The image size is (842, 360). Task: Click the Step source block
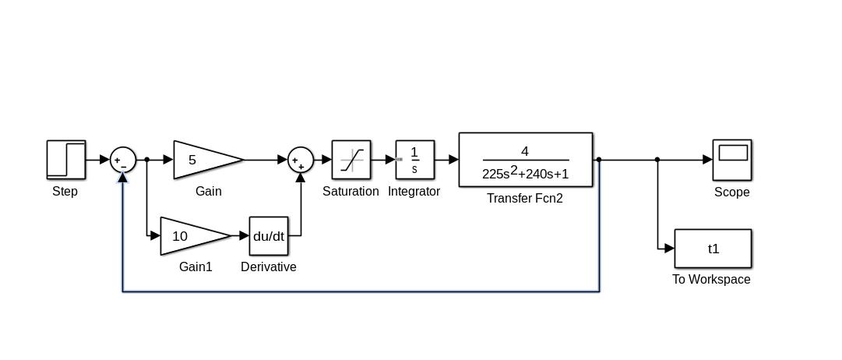[x=66, y=160]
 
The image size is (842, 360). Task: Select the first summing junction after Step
[x=123, y=160]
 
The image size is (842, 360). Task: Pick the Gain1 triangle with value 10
[x=192, y=236]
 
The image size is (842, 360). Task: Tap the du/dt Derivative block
[x=269, y=236]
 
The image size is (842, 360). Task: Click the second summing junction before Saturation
[x=301, y=160]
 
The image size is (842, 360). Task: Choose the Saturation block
[x=351, y=160]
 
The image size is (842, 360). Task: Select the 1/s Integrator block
[x=414, y=160]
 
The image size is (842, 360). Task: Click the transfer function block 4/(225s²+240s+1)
[x=526, y=161]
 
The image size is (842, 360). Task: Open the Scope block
[x=732, y=160]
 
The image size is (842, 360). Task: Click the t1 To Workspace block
[x=713, y=249]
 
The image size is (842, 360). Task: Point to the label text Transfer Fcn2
[x=525, y=199]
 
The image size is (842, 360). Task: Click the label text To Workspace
[x=711, y=280]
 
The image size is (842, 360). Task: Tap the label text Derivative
[x=269, y=267]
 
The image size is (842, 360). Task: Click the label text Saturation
[x=351, y=192]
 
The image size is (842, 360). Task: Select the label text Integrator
[x=414, y=192]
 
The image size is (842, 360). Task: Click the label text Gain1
[x=195, y=267]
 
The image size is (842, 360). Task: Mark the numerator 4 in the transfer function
[x=525, y=151]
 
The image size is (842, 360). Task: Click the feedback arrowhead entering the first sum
[x=123, y=177]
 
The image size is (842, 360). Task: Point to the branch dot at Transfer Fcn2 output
[x=599, y=160]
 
